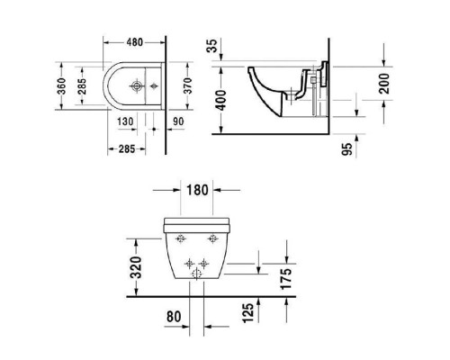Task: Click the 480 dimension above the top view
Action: (135, 41)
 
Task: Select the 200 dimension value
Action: (386, 87)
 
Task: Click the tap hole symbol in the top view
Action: (135, 87)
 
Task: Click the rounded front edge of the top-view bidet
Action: (94, 87)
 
